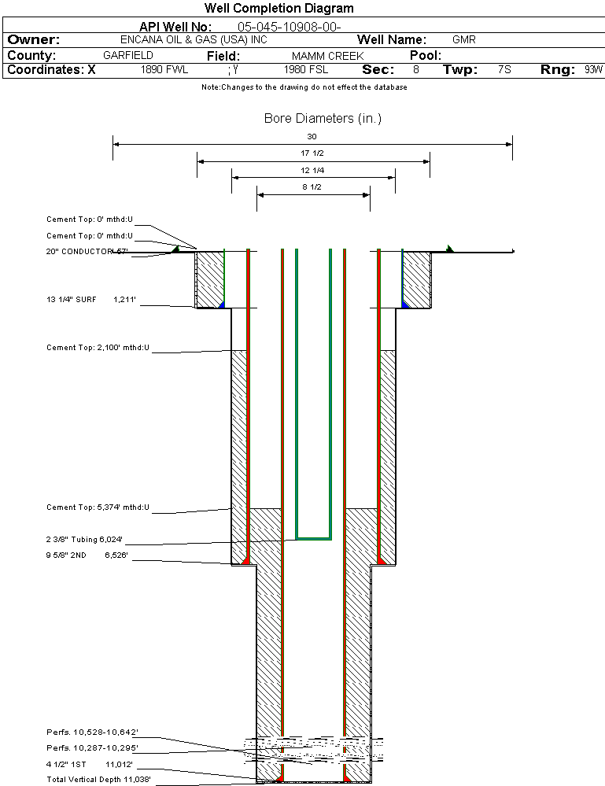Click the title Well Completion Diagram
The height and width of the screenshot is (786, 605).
pyautogui.click(x=279, y=9)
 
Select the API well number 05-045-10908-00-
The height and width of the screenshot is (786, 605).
pyautogui.click(x=289, y=27)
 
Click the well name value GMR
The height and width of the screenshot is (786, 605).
pyautogui.click(x=463, y=39)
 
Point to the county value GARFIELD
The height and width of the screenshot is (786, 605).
pyautogui.click(x=128, y=56)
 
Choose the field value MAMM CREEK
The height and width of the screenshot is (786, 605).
pyautogui.click(x=327, y=57)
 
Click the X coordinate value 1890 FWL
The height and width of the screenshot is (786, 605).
pyautogui.click(x=164, y=70)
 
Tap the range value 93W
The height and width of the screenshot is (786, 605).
pyautogui.click(x=593, y=70)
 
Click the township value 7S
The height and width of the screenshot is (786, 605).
pyautogui.click(x=504, y=70)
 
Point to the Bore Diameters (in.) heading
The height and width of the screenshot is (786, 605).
pyautogui.click(x=323, y=119)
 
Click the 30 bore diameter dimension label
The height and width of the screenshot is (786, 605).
pyautogui.click(x=312, y=137)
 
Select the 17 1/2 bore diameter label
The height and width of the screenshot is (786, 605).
pyautogui.click(x=312, y=153)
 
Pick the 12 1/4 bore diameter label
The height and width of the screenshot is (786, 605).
pyautogui.click(x=312, y=170)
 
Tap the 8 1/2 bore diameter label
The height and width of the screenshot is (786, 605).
pyautogui.click(x=312, y=187)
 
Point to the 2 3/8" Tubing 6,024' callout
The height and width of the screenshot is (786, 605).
pyautogui.click(x=84, y=540)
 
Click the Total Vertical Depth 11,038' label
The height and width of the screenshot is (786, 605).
pyautogui.click(x=98, y=779)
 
